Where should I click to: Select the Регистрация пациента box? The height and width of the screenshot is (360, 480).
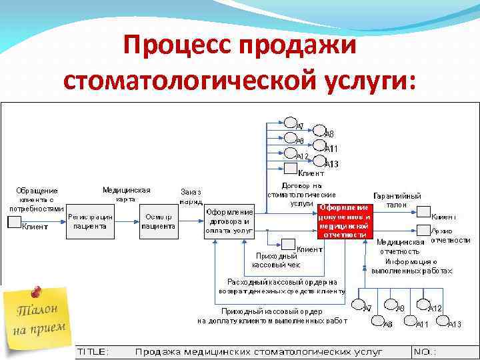tap(89, 221)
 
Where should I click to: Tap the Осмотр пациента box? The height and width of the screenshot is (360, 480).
tap(159, 221)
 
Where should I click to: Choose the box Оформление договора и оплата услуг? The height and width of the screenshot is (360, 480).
tap(229, 221)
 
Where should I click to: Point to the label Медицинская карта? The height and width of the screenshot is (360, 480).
tap(126, 194)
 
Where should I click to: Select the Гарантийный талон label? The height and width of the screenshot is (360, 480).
tap(397, 200)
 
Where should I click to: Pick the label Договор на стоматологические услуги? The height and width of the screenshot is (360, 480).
tap(293, 194)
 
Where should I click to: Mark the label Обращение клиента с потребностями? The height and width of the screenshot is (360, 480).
tap(37, 199)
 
